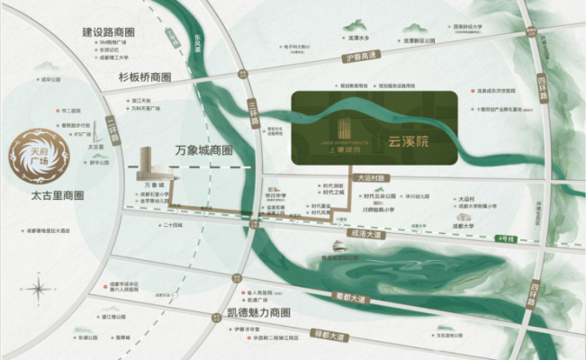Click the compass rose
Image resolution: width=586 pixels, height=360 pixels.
click(x=39, y=290)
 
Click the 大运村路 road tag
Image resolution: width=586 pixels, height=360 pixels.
click(x=370, y=177)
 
